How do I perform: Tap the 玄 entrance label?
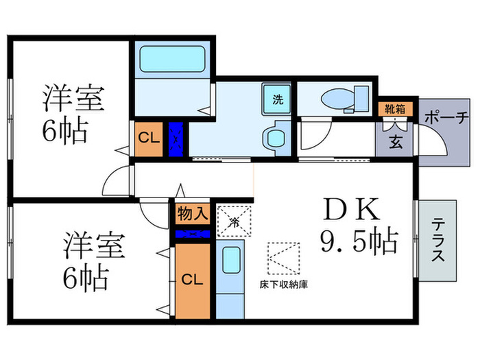[x=396, y=142]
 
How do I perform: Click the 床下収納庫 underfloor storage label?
[x=283, y=284]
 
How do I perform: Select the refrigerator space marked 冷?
[x=233, y=221]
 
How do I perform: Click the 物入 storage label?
[x=191, y=213]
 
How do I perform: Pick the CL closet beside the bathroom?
[x=148, y=139]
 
